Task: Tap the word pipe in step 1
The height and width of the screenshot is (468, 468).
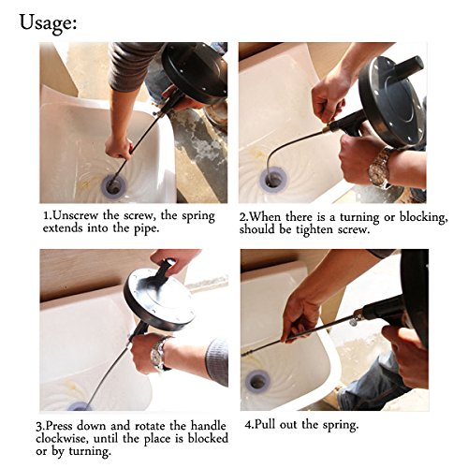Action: pyautogui.click(x=146, y=228)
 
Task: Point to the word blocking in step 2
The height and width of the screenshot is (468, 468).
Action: pyautogui.click(x=423, y=217)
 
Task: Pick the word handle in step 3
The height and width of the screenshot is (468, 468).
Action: pyautogui.click(x=209, y=426)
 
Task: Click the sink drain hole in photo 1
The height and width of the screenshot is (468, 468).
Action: pyautogui.click(x=113, y=186)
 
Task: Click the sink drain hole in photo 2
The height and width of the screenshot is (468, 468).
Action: pyautogui.click(x=274, y=180)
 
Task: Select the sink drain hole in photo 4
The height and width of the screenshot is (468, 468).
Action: pyautogui.click(x=256, y=381)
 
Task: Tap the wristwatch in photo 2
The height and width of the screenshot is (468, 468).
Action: pyautogui.click(x=380, y=168)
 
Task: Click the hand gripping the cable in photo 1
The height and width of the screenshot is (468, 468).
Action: pyautogui.click(x=119, y=147)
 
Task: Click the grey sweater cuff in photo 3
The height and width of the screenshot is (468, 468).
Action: pyautogui.click(x=216, y=362)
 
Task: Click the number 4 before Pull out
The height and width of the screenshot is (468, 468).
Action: pyautogui.click(x=248, y=425)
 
